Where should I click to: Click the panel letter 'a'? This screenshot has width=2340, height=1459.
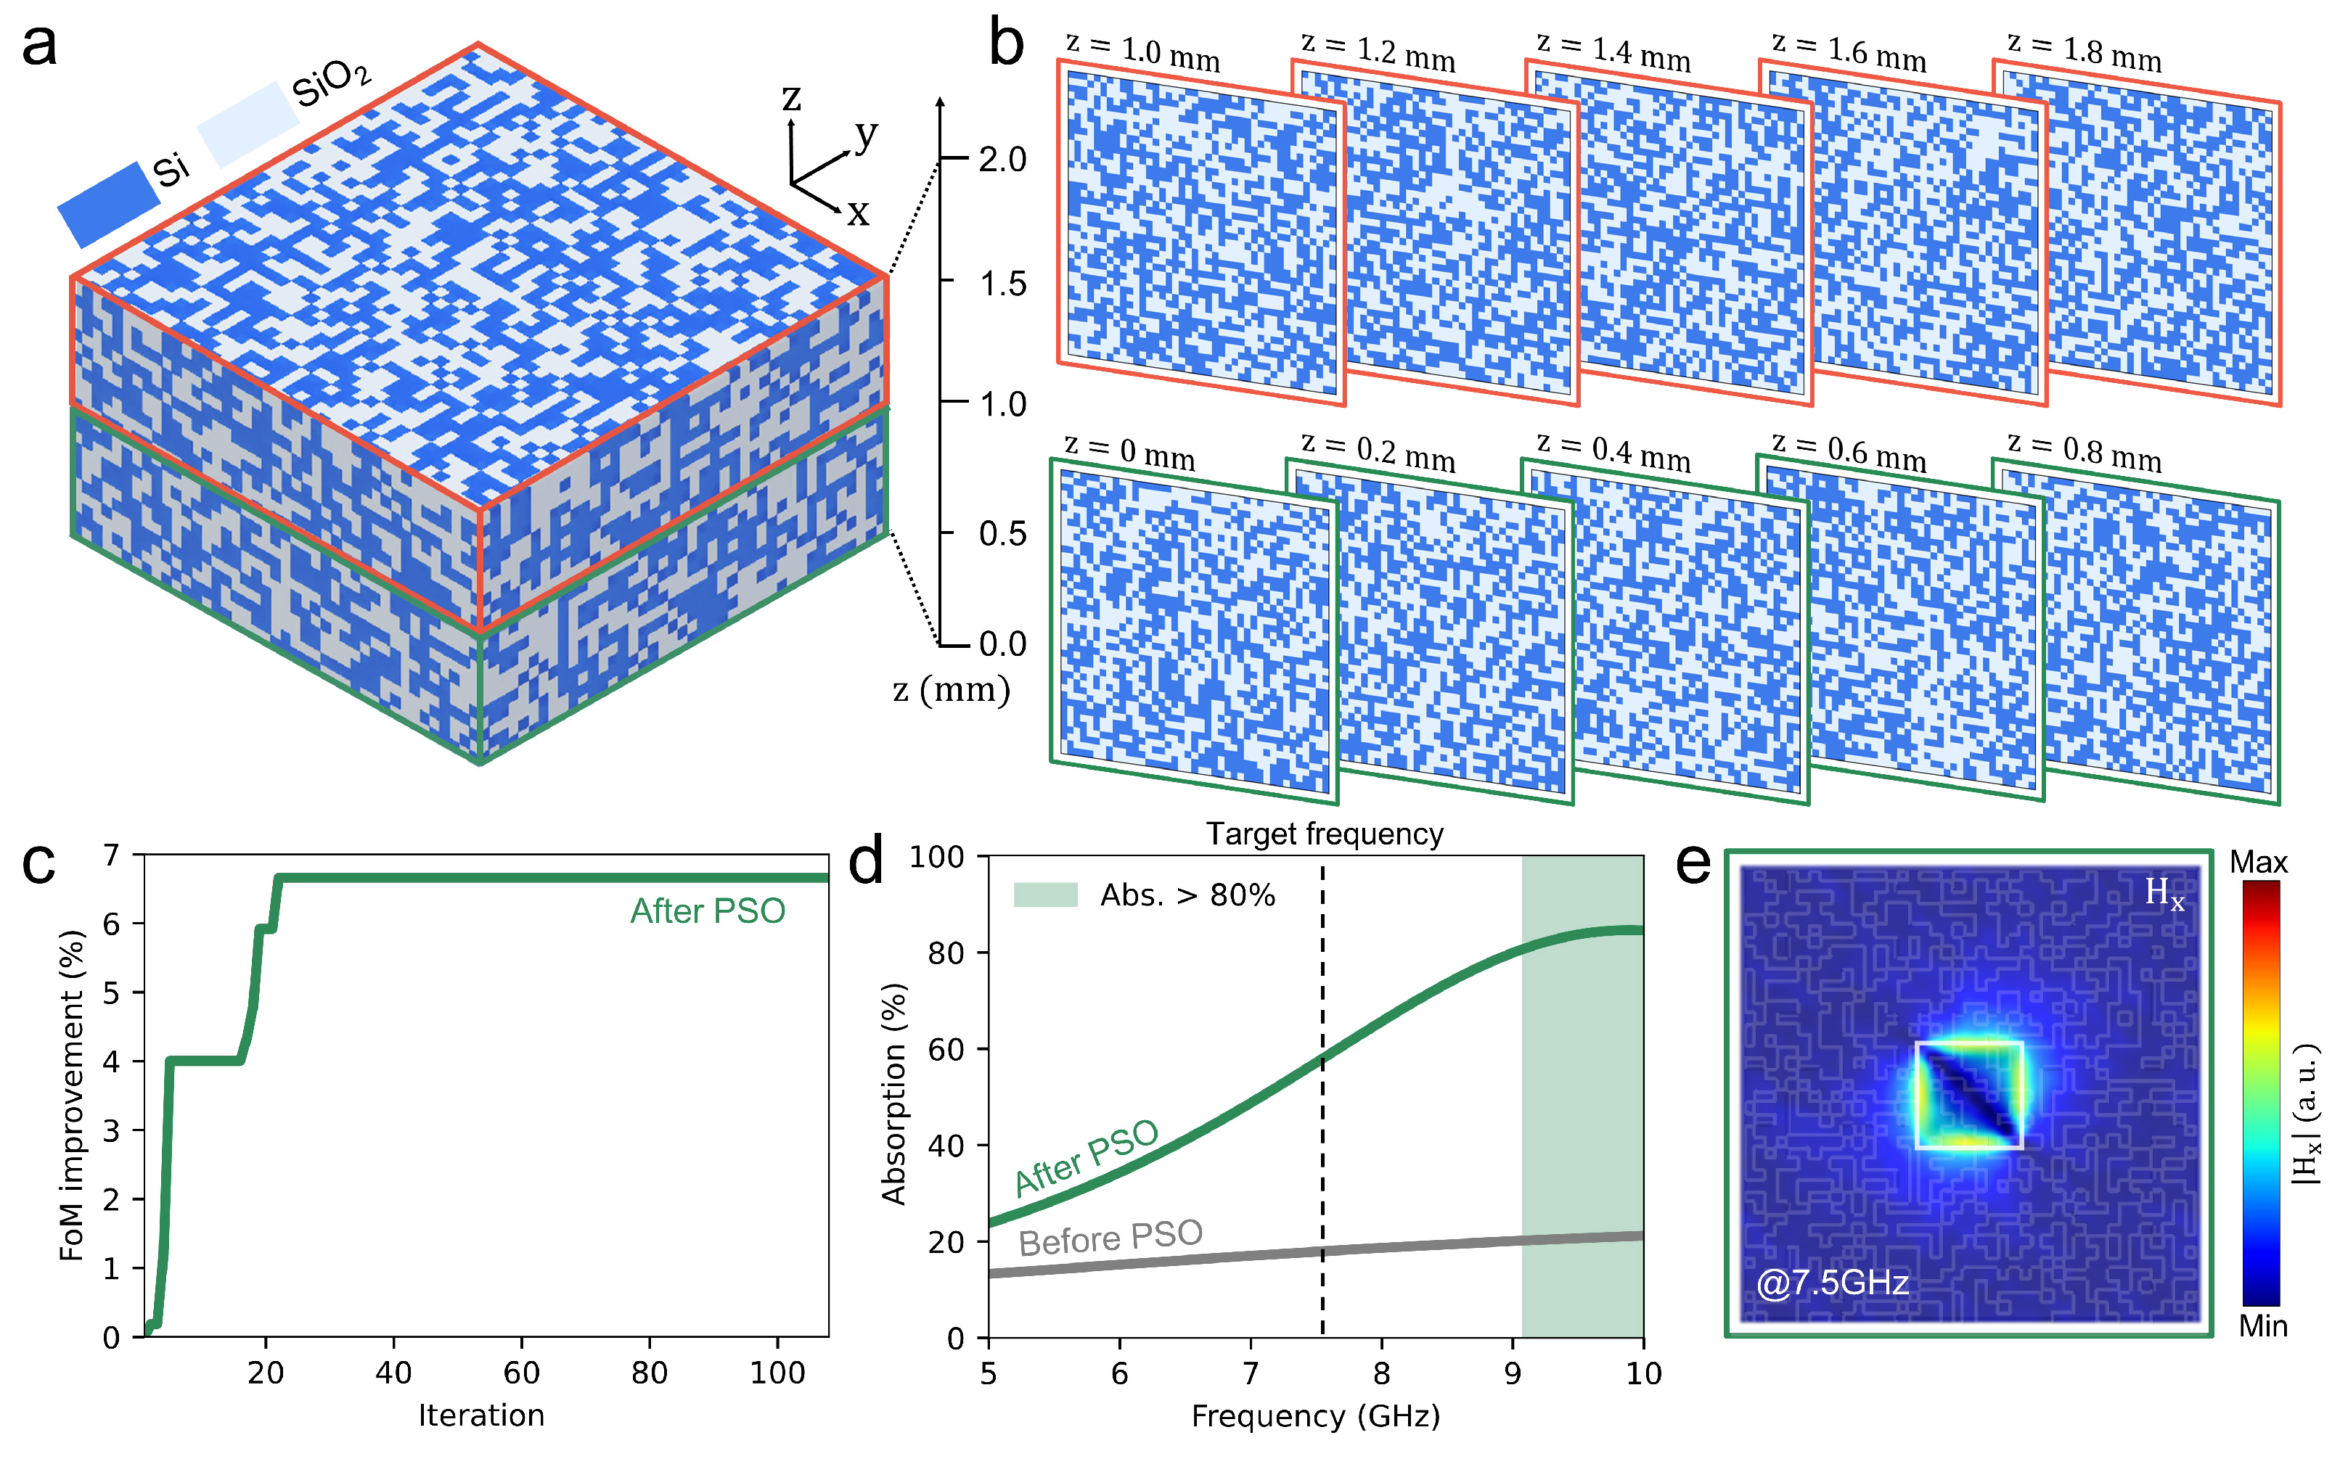pos(40,46)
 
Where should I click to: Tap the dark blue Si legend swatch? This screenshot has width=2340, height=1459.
pos(108,205)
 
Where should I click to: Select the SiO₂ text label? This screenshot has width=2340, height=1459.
pos(331,83)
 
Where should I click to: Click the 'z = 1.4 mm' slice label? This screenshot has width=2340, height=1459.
pos(1613,52)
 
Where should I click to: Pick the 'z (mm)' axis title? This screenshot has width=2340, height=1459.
pos(951,690)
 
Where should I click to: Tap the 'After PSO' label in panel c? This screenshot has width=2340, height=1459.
pos(708,911)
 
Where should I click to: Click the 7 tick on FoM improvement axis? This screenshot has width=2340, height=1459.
pos(112,855)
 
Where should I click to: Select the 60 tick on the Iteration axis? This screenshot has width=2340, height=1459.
pos(521,1372)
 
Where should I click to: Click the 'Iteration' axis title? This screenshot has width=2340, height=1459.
pos(480,1415)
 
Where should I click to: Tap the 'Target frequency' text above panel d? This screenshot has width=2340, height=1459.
pos(1325,834)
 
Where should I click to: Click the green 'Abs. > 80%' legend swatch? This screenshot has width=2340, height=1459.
pos(1044,895)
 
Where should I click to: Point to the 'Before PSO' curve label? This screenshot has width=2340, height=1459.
pos(1110,1238)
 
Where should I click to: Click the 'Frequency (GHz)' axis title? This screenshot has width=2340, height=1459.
pos(1316,1416)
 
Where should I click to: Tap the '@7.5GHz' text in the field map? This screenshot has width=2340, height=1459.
pos(1831,1283)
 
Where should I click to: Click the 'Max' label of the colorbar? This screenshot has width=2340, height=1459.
pos(2258,863)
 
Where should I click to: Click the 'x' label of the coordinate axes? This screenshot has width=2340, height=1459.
pos(857,213)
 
